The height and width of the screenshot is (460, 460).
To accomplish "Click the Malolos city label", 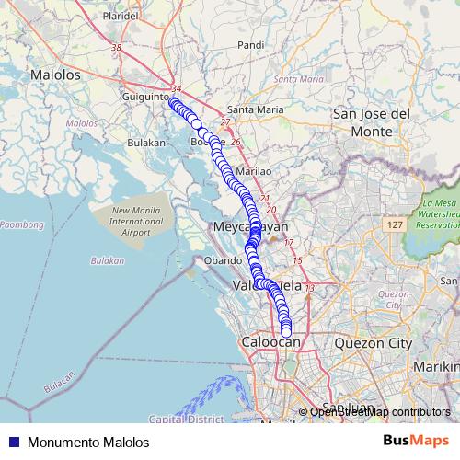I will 55,75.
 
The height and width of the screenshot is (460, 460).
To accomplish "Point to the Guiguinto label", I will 147,95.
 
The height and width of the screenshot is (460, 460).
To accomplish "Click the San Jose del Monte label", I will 371,122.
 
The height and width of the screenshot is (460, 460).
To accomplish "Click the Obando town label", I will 222,261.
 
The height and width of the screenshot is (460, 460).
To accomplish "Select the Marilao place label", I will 254,171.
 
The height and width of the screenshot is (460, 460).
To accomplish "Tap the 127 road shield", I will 395,225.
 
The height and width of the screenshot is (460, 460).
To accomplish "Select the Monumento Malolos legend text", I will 87,443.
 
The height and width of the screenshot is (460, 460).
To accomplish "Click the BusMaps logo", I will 415,441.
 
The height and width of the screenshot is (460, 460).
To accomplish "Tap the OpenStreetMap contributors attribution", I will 380,412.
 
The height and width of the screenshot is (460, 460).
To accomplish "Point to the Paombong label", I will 20,224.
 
